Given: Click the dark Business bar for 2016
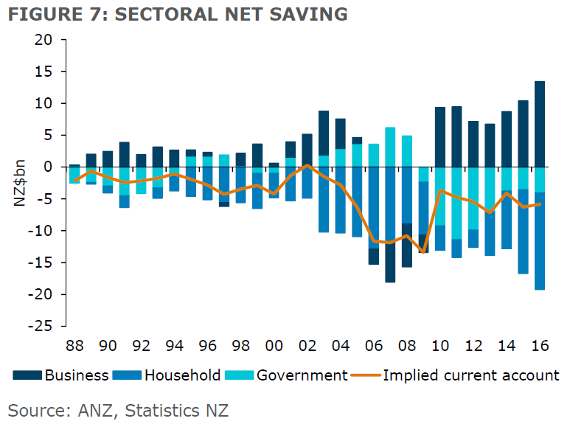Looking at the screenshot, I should pyautogui.click(x=540, y=124).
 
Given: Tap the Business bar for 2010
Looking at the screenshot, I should pyautogui.click(x=440, y=137).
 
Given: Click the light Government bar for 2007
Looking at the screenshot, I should pyautogui.click(x=390, y=147).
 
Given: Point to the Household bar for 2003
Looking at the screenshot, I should pyautogui.click(x=323, y=199).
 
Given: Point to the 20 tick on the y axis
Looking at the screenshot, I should pyautogui.click(x=42, y=40).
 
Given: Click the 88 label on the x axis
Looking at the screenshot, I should pyautogui.click(x=74, y=345).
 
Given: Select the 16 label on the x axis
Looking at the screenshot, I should pyautogui.click(x=540, y=345).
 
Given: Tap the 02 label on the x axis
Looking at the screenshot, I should pyautogui.click(x=307, y=345).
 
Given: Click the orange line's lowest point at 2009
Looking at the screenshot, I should pyautogui.click(x=423, y=252).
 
